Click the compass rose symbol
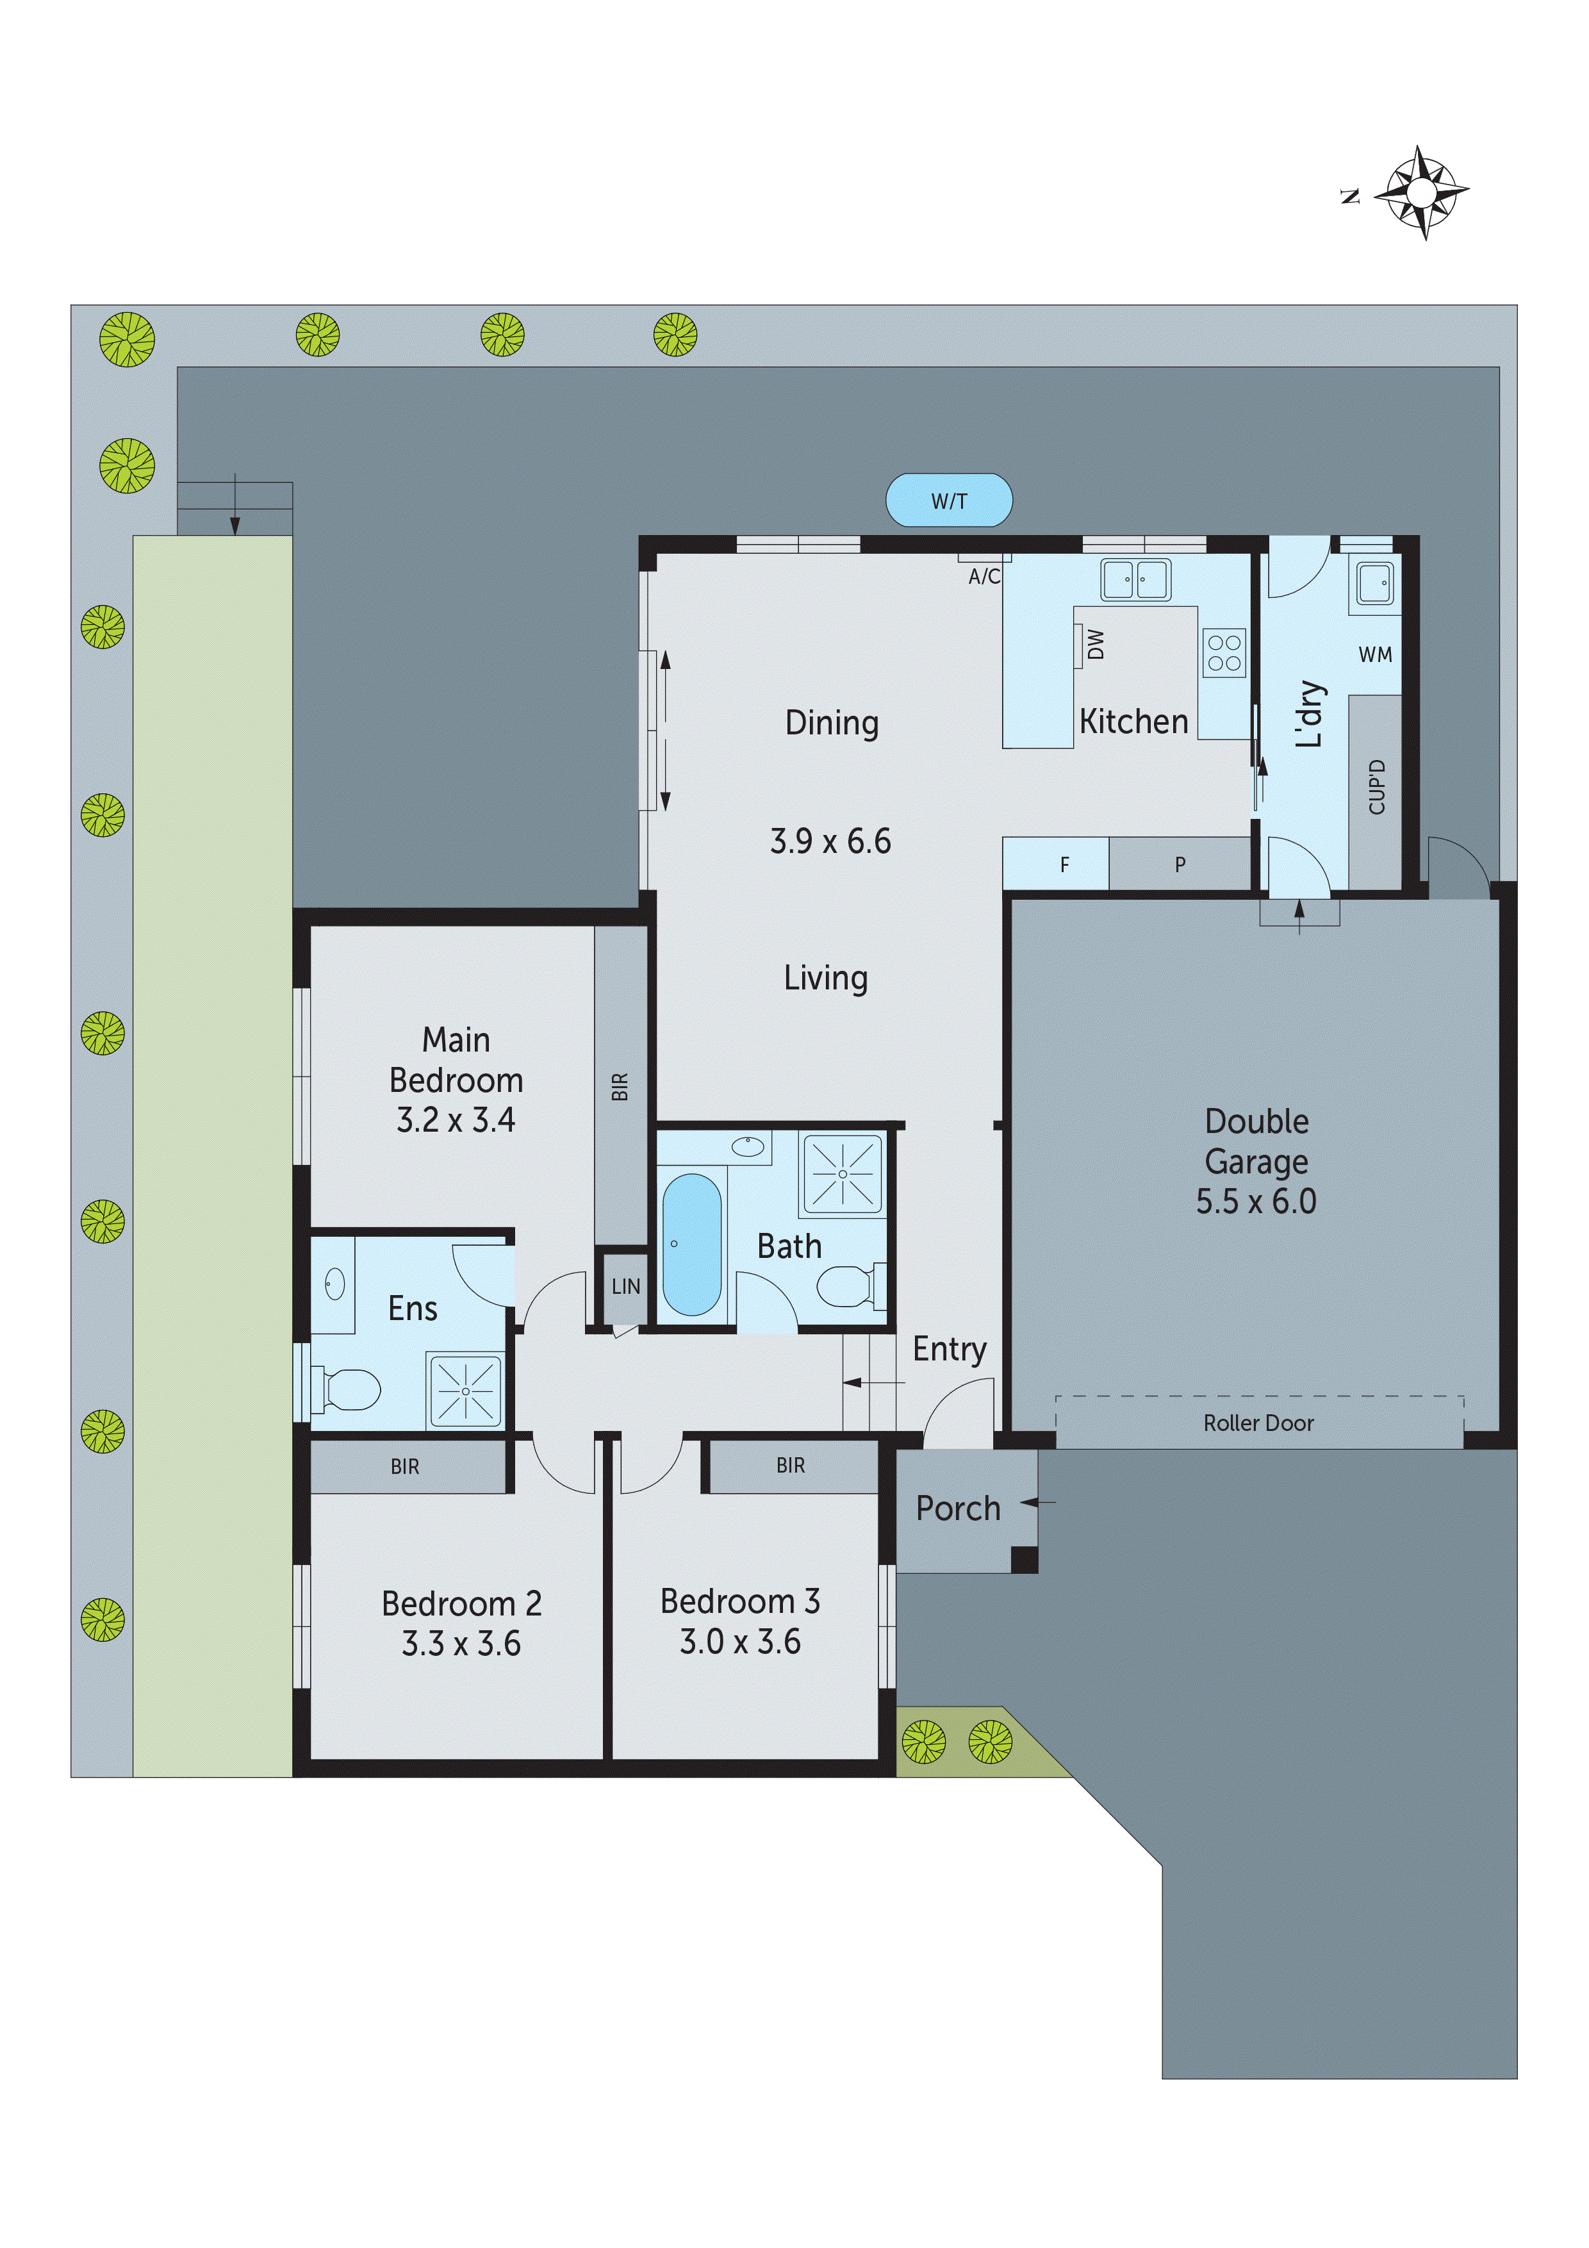[1420, 193]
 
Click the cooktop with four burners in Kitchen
[1223, 653]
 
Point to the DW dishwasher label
[1096, 644]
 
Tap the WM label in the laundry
[1374, 654]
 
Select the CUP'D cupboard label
[1376, 787]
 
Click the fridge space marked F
[1064, 864]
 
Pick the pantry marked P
[1179, 864]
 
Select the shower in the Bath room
[842, 1172]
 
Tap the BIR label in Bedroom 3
[790, 1466]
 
